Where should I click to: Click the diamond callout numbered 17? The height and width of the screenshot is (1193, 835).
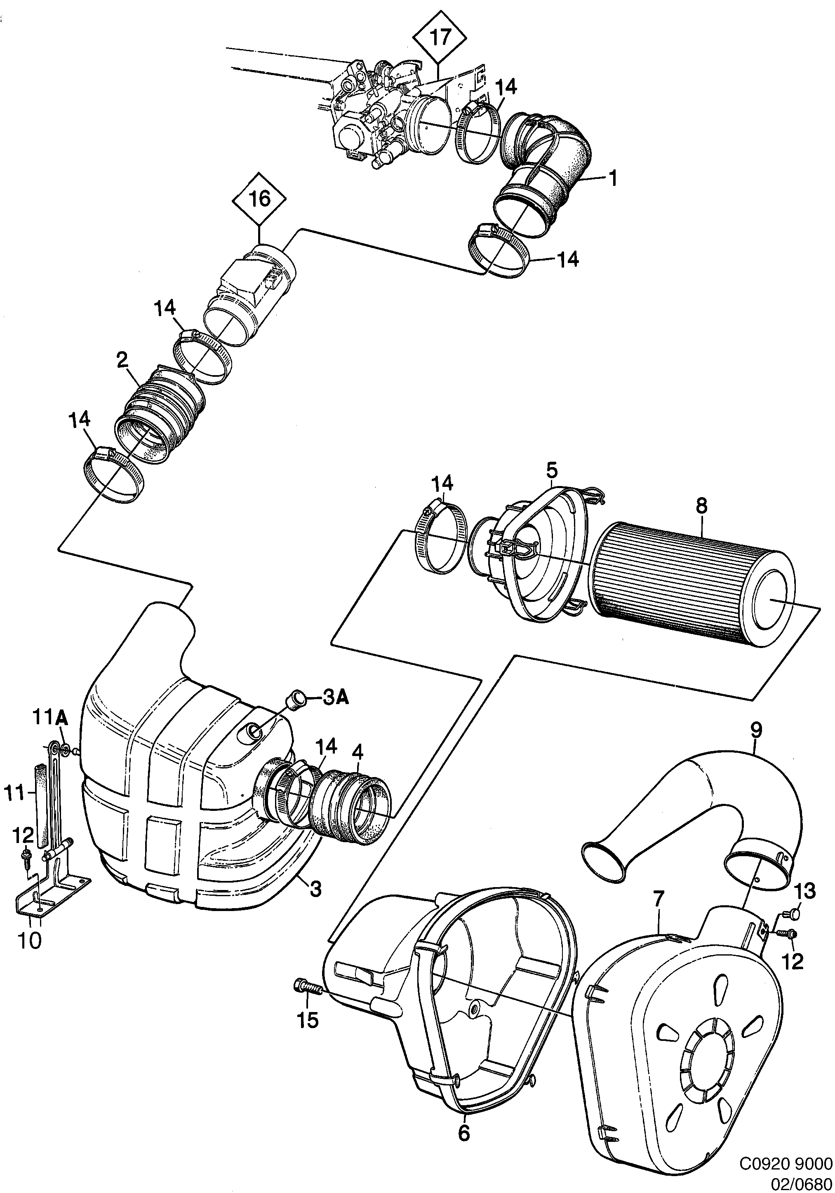[x=440, y=38]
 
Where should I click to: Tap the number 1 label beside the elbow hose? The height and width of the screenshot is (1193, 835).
[x=613, y=179]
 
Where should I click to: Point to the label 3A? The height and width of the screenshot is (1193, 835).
[x=336, y=698]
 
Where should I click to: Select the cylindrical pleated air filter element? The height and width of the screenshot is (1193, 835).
[x=696, y=587]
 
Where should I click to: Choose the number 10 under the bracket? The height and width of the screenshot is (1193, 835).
[x=30, y=940]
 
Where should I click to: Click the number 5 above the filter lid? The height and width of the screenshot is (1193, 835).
[x=551, y=471]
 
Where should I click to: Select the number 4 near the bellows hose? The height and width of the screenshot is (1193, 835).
[x=358, y=752]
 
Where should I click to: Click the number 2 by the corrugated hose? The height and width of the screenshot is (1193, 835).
[x=122, y=360]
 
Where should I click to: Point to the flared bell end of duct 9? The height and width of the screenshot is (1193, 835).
[x=603, y=863]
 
